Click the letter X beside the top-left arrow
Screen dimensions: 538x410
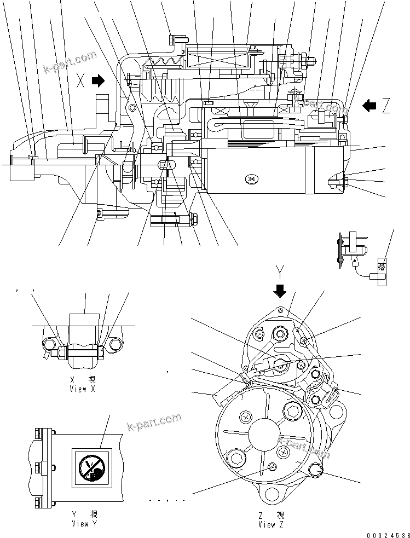(81, 82)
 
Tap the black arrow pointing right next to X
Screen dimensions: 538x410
(98, 81)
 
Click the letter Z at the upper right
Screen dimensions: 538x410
(386, 106)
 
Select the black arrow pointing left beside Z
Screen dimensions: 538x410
(369, 105)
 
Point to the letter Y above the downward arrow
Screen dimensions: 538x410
(280, 271)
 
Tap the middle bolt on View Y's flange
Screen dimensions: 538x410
(38, 468)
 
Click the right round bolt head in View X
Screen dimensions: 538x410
(114, 345)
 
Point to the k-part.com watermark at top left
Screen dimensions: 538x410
(70, 62)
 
